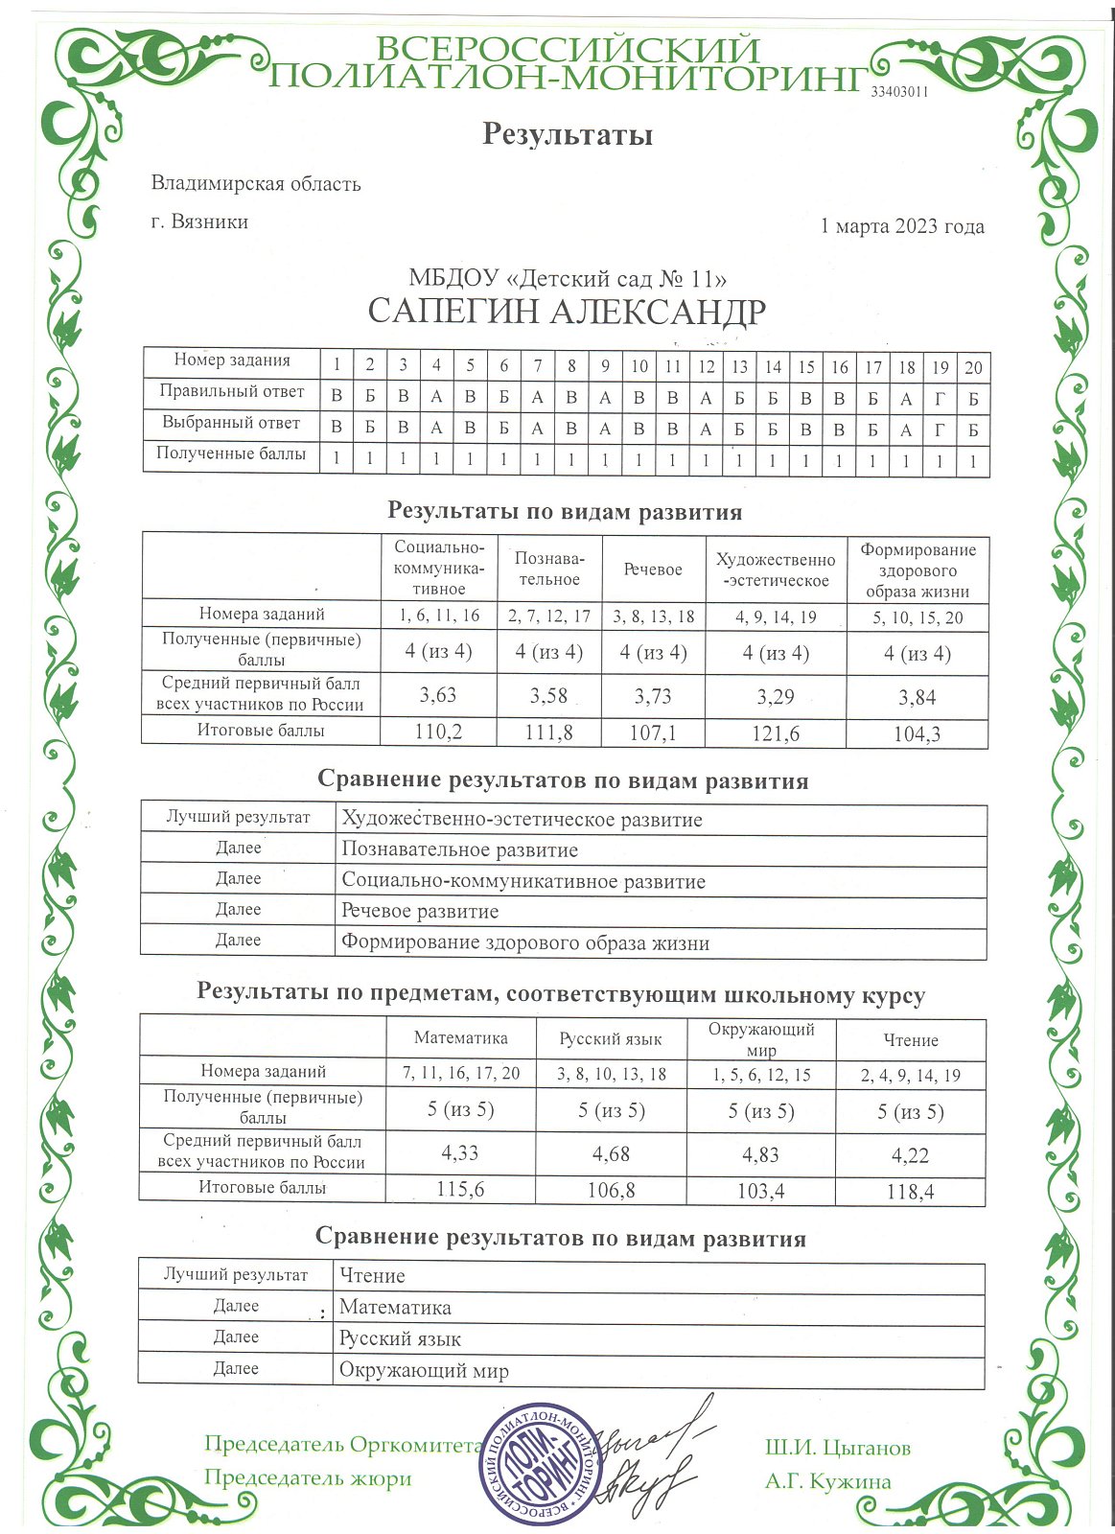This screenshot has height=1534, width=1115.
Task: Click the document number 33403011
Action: (x=899, y=92)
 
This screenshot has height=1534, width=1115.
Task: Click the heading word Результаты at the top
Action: (x=567, y=134)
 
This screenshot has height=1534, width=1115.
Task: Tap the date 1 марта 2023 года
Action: (x=901, y=227)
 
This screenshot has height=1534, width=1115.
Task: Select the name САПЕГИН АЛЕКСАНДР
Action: (x=567, y=313)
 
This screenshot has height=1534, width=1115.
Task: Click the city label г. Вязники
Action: (x=199, y=222)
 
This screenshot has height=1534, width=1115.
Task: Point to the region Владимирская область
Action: (x=256, y=184)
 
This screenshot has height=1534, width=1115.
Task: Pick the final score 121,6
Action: (x=775, y=733)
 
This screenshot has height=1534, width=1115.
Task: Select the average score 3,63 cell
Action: (x=438, y=696)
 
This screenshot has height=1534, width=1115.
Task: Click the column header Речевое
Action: (x=653, y=569)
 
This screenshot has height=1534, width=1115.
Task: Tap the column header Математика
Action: (x=460, y=1038)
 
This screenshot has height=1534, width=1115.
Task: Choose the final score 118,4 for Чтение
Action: (x=910, y=1192)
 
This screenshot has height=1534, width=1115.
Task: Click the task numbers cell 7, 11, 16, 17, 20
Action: (x=460, y=1074)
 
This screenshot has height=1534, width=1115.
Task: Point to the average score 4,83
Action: (x=760, y=1155)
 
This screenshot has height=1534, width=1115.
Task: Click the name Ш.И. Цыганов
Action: (x=837, y=1449)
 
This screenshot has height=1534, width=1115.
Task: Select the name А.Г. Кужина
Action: (x=827, y=1482)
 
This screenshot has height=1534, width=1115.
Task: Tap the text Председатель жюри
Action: (x=308, y=1478)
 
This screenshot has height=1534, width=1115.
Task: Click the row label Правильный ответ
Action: (x=231, y=392)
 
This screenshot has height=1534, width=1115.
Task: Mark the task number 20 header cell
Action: (x=973, y=367)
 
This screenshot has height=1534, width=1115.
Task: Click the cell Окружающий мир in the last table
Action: (x=424, y=1371)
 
